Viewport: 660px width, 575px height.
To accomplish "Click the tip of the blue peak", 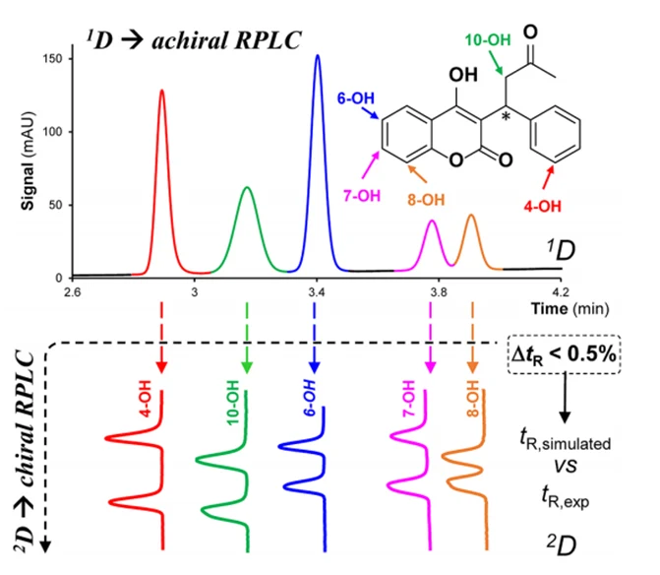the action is coord(318,55).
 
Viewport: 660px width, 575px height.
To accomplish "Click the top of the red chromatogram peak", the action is coord(161,91).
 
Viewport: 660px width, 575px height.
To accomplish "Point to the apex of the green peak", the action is coord(247,187).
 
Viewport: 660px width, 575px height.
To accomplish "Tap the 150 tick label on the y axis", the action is coord(52,58).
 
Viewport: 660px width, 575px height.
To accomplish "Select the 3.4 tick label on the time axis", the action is coord(316,292).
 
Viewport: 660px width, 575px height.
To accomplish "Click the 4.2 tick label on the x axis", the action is coord(561,292).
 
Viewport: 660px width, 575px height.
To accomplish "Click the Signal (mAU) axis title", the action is coord(28,160).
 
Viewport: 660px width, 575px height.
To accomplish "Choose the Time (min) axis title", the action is coord(570,309).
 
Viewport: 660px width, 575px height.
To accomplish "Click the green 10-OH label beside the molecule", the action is coord(488,40).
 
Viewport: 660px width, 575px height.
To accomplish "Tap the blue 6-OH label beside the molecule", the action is coord(355,98).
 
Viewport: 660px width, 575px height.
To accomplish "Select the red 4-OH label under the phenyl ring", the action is coord(543,207).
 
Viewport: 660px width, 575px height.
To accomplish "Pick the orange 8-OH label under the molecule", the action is coord(426,200).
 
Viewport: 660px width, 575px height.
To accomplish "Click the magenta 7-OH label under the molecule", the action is coord(362,196).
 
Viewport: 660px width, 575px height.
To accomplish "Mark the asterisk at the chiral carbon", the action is coord(507,116).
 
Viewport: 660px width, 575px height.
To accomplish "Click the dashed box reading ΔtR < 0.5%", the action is coord(564,354).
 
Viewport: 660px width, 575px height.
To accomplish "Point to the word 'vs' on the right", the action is coord(566,466).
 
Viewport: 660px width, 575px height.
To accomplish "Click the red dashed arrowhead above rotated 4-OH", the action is coord(161,367).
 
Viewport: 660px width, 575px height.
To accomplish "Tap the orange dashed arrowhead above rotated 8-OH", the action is coord(472,367).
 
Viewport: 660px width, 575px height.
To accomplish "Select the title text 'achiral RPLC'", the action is coord(226,40).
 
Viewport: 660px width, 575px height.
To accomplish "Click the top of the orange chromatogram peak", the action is coord(471,216).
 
